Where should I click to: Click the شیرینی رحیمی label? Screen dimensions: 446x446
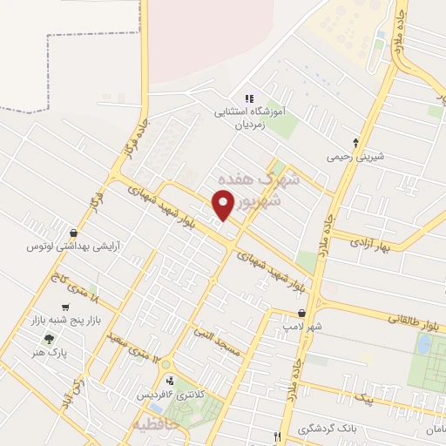(x=355, y=158)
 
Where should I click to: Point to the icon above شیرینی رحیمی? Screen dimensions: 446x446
(x=355, y=143)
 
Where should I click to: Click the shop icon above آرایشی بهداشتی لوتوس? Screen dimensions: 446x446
(x=73, y=233)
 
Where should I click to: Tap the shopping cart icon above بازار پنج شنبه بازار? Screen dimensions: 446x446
(x=65, y=307)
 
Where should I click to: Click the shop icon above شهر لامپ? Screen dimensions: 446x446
(x=301, y=313)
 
